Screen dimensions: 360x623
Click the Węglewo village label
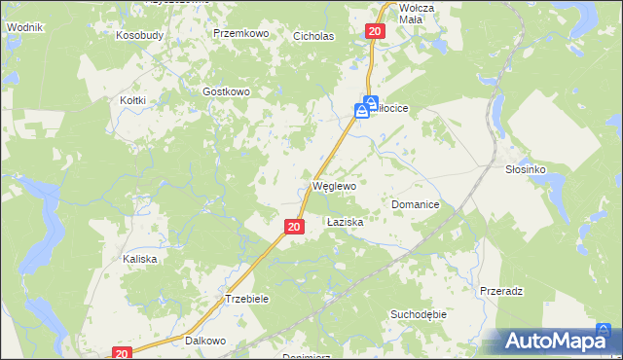[x=334, y=185]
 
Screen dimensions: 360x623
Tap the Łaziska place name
[x=345, y=222]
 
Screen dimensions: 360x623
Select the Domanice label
[x=416, y=205]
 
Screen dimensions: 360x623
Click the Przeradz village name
[x=502, y=291]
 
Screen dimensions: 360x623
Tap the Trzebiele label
[x=246, y=299]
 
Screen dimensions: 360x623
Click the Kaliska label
[x=139, y=259]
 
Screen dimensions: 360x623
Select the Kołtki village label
[x=132, y=100]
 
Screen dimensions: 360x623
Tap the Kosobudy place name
[x=137, y=34]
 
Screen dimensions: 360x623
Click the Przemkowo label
[x=240, y=33]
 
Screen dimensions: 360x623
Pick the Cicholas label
[x=313, y=36]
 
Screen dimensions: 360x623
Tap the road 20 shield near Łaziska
[x=295, y=227]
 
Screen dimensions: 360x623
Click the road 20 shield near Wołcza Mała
[x=377, y=32]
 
